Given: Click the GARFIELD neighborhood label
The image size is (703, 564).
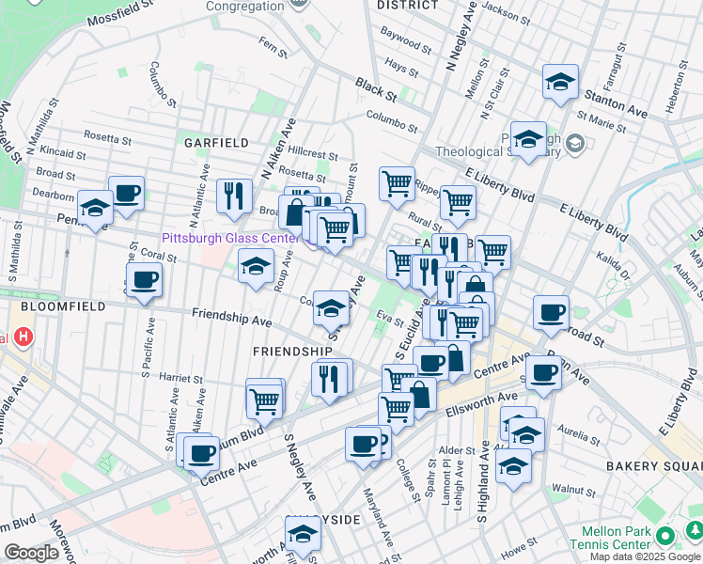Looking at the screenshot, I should pos(216,143).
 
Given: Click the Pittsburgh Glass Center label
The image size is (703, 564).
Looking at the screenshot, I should pos(229,238).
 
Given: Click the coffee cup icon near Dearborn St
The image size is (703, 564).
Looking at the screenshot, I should pos(127,194).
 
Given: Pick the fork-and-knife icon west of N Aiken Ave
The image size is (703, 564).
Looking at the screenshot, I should pos(234,196).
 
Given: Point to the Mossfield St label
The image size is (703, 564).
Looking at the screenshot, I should pos(121,13).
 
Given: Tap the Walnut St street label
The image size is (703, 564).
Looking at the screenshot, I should pos(574,489).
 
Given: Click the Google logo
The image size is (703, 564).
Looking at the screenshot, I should pos(31,553).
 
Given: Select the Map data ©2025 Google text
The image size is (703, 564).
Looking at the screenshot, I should pos(645,556).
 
